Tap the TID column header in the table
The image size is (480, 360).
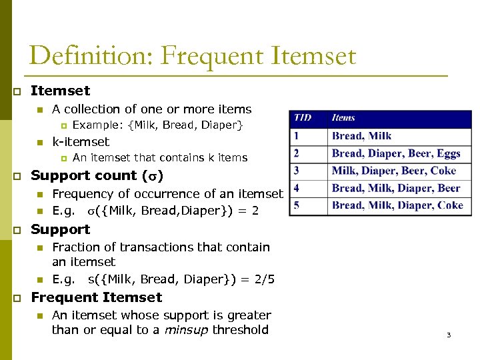(x=302, y=118)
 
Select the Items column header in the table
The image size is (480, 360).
(x=343, y=118)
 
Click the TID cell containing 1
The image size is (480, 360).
(x=296, y=136)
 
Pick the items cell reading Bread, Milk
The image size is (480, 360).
(x=361, y=136)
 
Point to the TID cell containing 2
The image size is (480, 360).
(x=296, y=153)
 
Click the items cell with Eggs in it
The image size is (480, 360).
(x=396, y=153)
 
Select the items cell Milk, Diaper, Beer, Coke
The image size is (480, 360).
(x=393, y=171)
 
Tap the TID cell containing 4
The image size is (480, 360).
(x=296, y=188)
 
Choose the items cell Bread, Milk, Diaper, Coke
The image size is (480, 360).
(x=397, y=205)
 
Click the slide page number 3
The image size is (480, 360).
(x=449, y=335)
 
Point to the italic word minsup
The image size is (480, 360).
(x=186, y=330)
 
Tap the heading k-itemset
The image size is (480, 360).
(x=81, y=142)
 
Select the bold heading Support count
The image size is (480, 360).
(x=83, y=176)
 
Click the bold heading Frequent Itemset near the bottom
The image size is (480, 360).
(x=97, y=297)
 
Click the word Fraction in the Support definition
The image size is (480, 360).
(x=75, y=247)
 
